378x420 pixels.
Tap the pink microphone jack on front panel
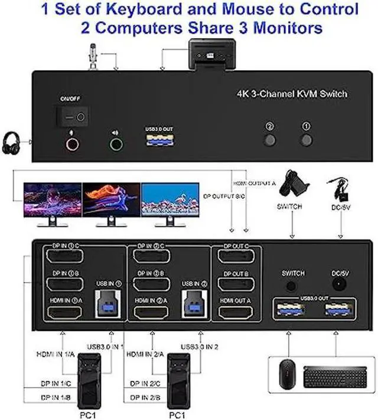(x=73, y=144)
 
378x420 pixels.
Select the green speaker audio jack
(x=116, y=144)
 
